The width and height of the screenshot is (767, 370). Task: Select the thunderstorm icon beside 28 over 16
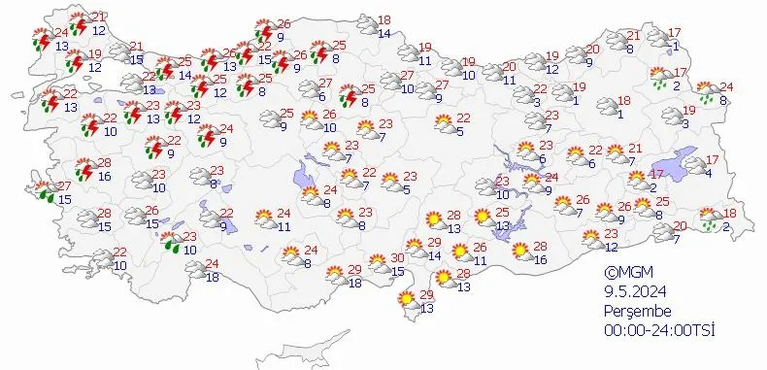pyautogui.click(x=84, y=170)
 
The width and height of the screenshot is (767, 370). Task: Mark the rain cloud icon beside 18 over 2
pyautogui.click(x=712, y=217)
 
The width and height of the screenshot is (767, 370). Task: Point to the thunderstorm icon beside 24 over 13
pyautogui.click(x=42, y=39)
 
